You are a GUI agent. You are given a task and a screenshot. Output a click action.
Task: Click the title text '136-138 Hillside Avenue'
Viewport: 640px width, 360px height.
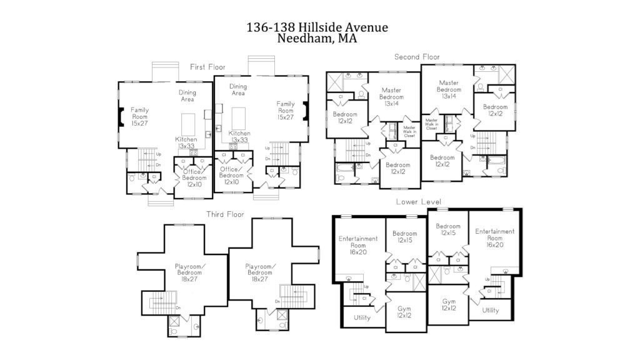pos(317,27)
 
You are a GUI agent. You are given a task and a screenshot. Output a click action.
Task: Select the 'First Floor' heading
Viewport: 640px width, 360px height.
pos(207,67)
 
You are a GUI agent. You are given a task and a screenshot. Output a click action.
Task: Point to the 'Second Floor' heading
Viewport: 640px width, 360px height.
pos(417,57)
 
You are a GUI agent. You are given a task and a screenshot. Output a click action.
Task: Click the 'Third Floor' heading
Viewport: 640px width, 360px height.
pos(225,214)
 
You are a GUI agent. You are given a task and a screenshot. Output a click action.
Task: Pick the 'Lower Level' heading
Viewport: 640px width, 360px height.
pos(418,202)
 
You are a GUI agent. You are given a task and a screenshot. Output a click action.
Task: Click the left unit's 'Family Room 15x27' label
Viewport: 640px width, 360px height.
pos(139,117)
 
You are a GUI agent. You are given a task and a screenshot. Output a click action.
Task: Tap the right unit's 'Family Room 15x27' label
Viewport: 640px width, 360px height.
pos(286,111)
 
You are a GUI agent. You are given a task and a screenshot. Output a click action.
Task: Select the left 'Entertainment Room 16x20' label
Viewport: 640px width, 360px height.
pos(358,246)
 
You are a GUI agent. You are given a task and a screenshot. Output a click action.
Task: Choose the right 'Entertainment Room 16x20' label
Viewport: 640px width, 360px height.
pos(494,238)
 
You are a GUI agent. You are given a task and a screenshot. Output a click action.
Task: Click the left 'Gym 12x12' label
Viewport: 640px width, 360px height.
pos(404,312)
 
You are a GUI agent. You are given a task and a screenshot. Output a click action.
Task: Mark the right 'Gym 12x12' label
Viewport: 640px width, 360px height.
pos(449,304)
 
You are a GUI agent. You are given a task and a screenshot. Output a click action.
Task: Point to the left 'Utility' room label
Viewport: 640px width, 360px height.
pos(362,317)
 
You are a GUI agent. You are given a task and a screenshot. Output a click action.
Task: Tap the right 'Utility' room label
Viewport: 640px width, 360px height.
pos(490,311)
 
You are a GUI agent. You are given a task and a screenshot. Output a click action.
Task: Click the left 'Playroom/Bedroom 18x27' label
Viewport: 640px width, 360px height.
pos(188,273)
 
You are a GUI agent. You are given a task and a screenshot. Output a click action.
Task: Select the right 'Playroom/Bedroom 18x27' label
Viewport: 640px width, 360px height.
pos(260,273)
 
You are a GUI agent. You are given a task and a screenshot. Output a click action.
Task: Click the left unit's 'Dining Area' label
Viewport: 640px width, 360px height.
pos(187,96)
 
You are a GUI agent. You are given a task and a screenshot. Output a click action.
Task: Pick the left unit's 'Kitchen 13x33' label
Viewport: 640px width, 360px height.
pos(186,143)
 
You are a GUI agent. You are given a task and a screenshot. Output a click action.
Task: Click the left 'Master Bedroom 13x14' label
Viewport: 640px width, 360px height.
pos(391,97)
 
